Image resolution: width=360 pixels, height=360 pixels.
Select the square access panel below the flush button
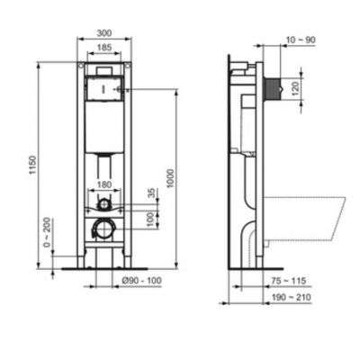click(105, 90)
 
